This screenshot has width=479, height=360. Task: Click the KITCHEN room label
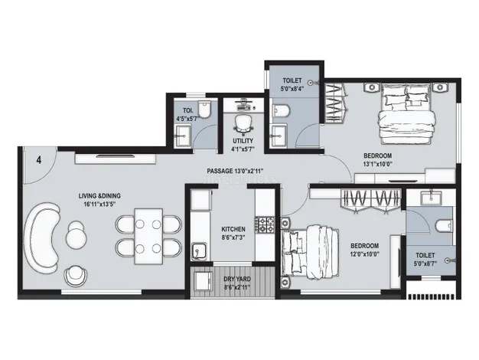tap(233, 229)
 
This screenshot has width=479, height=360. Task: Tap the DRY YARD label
tap(237, 279)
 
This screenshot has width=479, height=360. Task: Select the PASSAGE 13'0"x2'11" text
tap(235, 171)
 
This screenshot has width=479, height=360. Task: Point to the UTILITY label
tap(243, 141)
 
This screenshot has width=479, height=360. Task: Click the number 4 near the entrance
tap(39, 160)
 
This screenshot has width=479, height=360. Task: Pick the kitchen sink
tap(199, 251)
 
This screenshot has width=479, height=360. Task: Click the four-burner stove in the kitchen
tap(265, 225)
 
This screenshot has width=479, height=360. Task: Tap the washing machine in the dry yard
tap(203, 281)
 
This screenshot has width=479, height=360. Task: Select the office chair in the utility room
tap(243, 125)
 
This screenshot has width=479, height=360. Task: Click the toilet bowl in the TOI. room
tap(204, 110)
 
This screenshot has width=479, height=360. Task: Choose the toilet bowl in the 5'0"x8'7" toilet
tap(444, 226)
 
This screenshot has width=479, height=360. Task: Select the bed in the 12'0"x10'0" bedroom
tap(310, 250)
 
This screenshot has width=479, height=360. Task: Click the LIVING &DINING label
tap(99, 196)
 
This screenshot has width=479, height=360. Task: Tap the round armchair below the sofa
tap(76, 277)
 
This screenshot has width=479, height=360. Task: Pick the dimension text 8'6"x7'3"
tap(233, 237)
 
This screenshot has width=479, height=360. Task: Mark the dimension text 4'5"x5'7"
tap(188, 118)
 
